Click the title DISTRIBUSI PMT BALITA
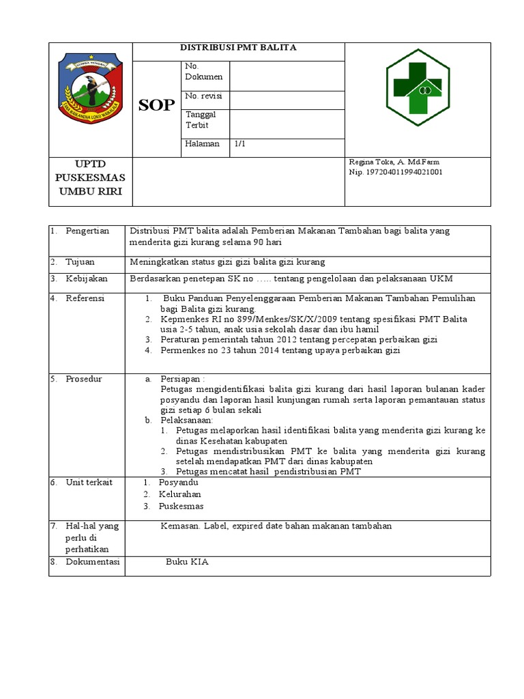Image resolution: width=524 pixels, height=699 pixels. (x=237, y=48)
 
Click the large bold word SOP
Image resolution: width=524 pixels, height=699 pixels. (x=156, y=104)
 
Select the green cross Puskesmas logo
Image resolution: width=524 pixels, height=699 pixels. (x=417, y=87)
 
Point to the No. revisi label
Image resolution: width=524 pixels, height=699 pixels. (x=203, y=96)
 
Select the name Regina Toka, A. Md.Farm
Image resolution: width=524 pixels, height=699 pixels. (x=394, y=162)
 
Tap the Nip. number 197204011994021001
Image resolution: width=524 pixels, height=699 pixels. (x=396, y=172)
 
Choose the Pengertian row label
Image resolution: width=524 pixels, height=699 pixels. (x=87, y=231)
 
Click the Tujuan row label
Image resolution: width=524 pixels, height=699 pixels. (x=80, y=261)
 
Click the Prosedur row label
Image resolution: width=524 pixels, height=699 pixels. (x=84, y=379)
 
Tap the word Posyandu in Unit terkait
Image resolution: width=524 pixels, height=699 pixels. (x=179, y=482)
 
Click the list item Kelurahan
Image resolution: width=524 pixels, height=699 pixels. (x=180, y=494)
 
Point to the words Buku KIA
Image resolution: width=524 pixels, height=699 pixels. (x=186, y=562)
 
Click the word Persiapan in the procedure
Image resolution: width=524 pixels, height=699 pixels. (x=181, y=379)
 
